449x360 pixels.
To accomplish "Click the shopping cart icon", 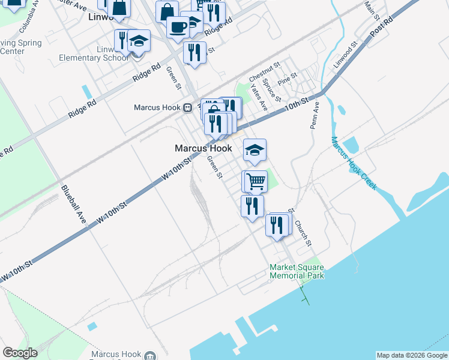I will point(255,181).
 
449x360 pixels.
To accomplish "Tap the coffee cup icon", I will point(177,27).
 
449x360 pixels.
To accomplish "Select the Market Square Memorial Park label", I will point(297,271).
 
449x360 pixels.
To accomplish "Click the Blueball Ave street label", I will point(73,205).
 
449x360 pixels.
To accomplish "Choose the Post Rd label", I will point(381,28).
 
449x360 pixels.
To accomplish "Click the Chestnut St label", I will point(265,72).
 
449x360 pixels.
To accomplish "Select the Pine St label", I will point(288,79).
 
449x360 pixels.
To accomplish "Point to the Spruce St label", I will point(272,89).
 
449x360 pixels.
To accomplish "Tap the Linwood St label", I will point(346,53).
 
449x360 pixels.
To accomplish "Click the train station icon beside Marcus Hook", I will point(188,108).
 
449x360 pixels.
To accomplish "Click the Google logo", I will point(20,353).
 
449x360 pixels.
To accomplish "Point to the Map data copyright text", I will point(411,355).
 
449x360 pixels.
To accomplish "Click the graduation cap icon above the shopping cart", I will point(255,150).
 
